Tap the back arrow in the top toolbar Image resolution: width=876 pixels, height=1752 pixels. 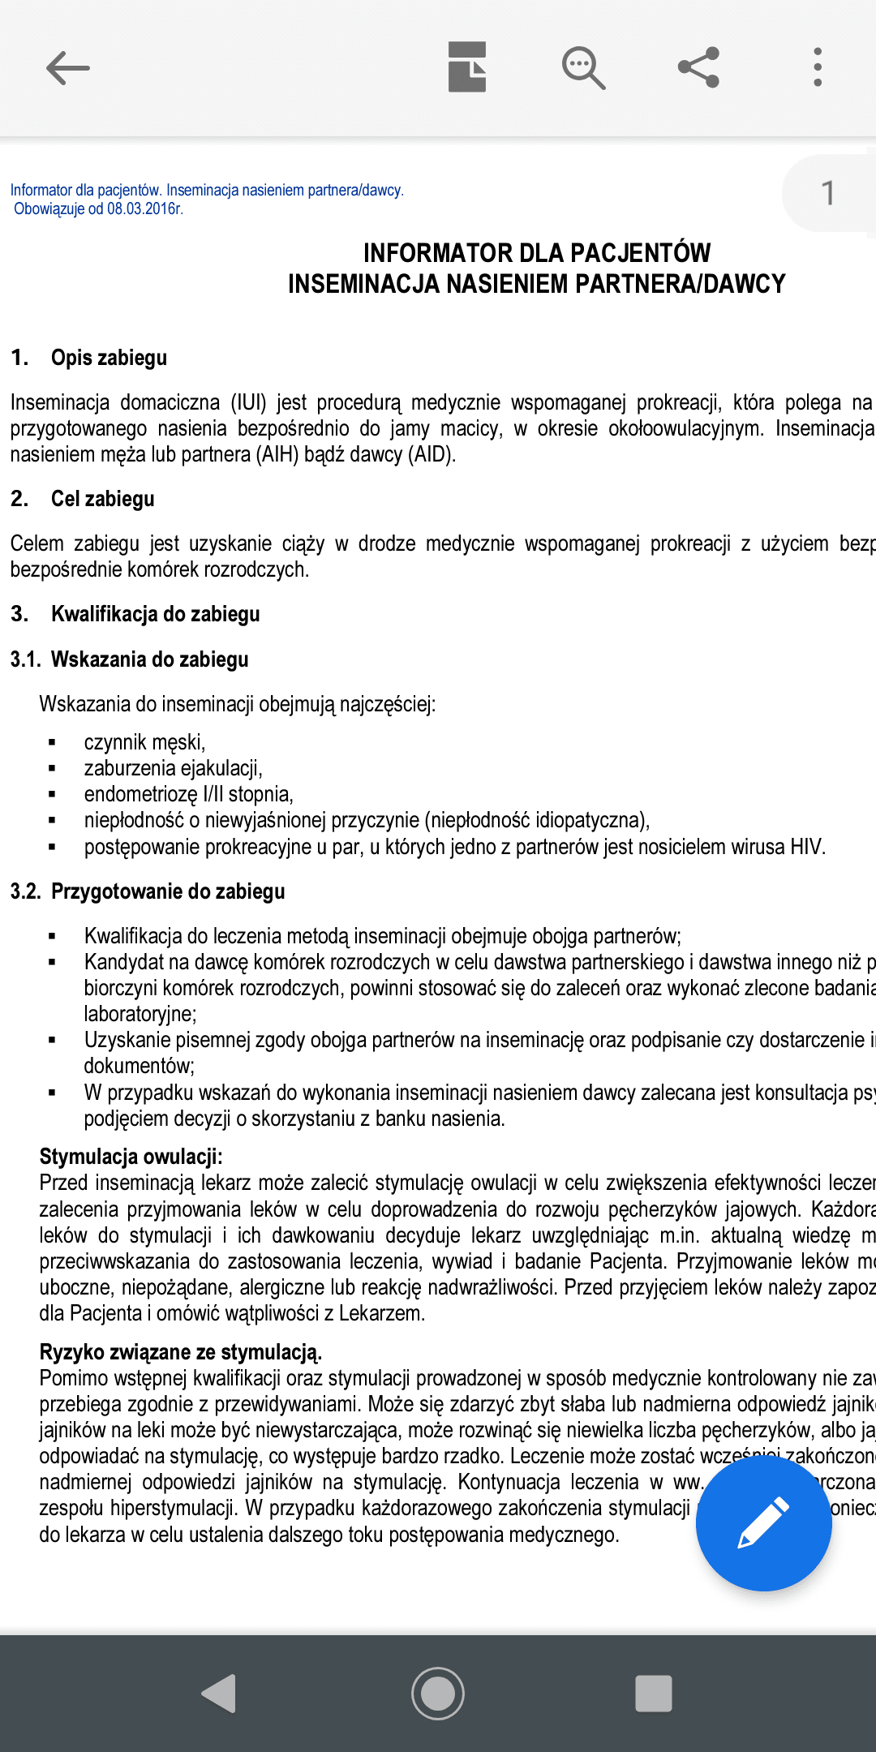click(67, 67)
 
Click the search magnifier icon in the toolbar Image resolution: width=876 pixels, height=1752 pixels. click(583, 67)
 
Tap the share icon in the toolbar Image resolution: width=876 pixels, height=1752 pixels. click(699, 67)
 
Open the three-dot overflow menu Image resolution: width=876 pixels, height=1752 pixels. click(818, 67)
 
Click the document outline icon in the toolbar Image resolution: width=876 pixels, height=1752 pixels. click(467, 67)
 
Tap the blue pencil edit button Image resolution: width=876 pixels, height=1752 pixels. click(763, 1522)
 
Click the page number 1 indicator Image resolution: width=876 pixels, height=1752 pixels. click(827, 193)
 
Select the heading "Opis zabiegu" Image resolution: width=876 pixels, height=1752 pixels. click(109, 358)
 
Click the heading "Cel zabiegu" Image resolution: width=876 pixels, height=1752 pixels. click(102, 499)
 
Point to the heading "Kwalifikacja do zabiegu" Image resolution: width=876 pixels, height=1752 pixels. click(155, 614)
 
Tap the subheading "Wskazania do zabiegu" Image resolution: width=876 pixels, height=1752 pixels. click(149, 659)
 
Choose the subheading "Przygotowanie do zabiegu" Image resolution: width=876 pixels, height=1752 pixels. click(168, 891)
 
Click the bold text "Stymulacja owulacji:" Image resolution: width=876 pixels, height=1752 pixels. click(131, 1157)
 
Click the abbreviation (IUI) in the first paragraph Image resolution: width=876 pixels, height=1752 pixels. click(248, 402)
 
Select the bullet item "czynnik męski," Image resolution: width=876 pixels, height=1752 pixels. click(144, 742)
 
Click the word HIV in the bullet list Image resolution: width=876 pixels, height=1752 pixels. click(806, 847)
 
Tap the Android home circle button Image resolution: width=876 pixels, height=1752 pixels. click(438, 1693)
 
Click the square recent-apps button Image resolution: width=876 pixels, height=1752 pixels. click(654, 1693)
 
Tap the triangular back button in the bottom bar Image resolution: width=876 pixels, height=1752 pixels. click(219, 1693)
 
